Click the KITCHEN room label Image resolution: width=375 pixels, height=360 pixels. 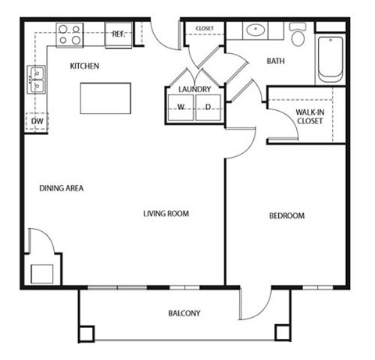click(x=84, y=66)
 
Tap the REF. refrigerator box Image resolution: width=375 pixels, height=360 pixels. click(x=119, y=34)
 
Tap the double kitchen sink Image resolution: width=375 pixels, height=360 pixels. click(x=37, y=79)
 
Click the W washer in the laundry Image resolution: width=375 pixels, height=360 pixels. click(x=180, y=108)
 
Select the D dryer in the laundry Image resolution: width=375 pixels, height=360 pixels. click(x=209, y=108)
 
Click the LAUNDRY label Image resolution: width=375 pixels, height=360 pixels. click(x=195, y=90)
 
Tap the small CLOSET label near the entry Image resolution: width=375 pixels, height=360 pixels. click(x=205, y=28)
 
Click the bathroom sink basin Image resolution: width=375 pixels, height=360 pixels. click(x=255, y=32)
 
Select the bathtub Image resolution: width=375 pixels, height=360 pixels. click(x=330, y=58)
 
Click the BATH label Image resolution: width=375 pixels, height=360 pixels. click(x=276, y=61)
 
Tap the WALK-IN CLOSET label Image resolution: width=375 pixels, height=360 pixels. click(x=309, y=116)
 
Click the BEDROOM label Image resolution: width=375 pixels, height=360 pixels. click(x=287, y=216)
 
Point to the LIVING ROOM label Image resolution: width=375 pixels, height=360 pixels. click(x=166, y=213)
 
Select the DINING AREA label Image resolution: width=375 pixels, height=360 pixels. click(x=62, y=188)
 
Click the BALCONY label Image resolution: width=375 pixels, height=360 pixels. click(x=184, y=313)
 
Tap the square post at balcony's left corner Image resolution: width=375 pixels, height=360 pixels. click(x=86, y=332)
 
